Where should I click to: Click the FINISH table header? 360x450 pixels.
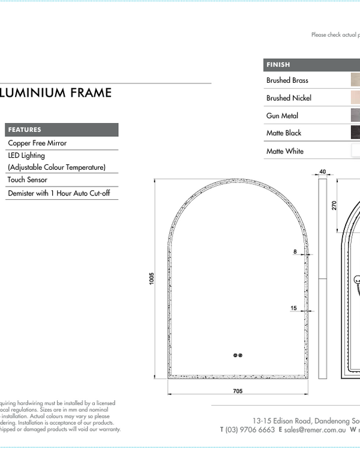click(278, 65)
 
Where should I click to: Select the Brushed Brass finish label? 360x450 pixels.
click(287, 80)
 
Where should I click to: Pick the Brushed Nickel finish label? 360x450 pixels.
click(289, 98)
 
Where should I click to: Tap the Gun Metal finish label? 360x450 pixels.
click(282, 116)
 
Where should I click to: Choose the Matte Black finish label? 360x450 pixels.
click(284, 133)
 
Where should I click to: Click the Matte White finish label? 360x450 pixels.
click(284, 151)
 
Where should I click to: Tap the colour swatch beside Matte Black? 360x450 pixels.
click(355, 133)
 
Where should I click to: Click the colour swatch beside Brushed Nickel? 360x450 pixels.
click(355, 98)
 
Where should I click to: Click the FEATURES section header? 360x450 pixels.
click(25, 130)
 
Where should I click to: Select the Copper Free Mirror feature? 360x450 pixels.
click(37, 143)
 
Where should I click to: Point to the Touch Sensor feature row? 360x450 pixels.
click(27, 179)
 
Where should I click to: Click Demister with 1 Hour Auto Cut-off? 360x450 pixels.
click(58, 193)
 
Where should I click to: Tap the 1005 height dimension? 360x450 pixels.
click(152, 278)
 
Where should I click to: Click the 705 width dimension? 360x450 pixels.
click(237, 391)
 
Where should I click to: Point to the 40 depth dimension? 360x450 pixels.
click(323, 172)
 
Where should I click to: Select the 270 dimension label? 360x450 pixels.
click(334, 205)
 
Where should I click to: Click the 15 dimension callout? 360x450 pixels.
click(293, 308)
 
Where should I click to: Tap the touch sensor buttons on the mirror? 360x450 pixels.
click(237, 355)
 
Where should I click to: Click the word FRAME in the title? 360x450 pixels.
click(91, 92)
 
